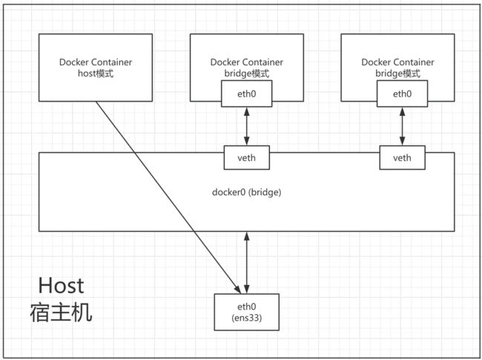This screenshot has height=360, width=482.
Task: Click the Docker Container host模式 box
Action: [x=96, y=68]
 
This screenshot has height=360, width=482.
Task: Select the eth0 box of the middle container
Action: [x=246, y=94]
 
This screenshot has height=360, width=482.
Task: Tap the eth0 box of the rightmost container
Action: [x=402, y=94]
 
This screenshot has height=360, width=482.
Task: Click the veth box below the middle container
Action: [x=246, y=157]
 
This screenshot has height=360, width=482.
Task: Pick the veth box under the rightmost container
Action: [x=402, y=157]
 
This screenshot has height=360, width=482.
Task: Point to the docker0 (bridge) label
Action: [x=246, y=192]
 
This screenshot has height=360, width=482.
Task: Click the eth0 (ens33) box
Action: [x=246, y=312]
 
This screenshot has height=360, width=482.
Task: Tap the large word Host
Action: [x=61, y=286]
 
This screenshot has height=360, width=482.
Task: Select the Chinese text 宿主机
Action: [x=61, y=312]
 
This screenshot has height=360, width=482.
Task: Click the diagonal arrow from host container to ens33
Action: [x=168, y=197]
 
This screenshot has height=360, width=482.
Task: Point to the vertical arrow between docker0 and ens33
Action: [x=246, y=263]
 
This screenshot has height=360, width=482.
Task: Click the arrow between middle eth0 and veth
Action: [x=246, y=126]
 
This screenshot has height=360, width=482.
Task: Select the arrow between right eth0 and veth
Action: [x=402, y=126]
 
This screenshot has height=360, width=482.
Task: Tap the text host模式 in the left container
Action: [x=96, y=73]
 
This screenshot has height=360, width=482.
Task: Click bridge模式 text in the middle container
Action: [x=246, y=73]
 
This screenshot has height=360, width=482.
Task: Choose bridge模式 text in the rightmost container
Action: [x=397, y=73]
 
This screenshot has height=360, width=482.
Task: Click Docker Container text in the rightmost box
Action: [x=397, y=62]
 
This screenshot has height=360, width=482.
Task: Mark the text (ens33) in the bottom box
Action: [x=246, y=318]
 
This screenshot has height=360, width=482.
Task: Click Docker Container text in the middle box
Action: [x=246, y=62]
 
